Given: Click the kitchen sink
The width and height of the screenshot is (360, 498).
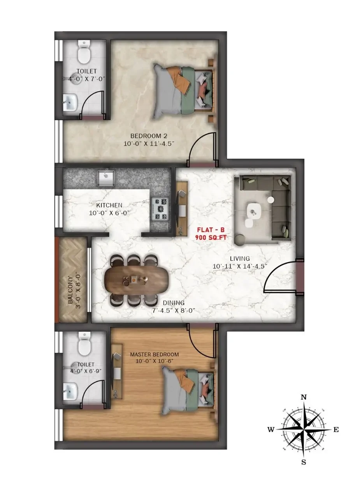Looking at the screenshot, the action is pos(107,178).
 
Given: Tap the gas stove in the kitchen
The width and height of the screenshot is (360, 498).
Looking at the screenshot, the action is pos(160,209).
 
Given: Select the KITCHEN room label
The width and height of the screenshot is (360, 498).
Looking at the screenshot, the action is pos(109,205).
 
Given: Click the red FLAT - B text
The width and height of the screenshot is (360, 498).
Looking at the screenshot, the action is pos(211,229).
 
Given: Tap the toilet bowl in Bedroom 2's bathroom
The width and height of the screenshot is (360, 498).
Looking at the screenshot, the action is pos(84,53).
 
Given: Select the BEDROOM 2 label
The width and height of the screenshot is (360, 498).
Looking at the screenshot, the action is pos(149,136).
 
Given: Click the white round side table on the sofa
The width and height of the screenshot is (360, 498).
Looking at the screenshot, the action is pos(270,200).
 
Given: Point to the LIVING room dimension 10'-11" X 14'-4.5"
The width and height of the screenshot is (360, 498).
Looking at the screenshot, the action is pos(240,267).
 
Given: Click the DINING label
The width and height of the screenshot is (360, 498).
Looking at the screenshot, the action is pos(174,303).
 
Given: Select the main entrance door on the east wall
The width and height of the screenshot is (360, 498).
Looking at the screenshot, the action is pos(299,277).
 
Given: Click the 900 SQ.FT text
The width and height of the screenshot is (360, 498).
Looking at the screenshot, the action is pos(211,238).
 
